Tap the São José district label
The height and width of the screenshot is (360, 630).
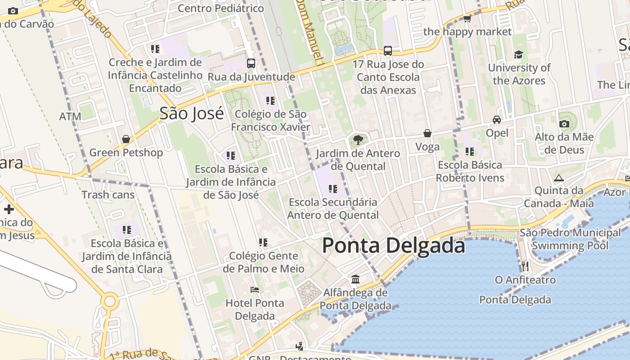[x=192, y=113]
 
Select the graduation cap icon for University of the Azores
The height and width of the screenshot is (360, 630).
[x=519, y=54]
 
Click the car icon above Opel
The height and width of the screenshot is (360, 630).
[x=497, y=120]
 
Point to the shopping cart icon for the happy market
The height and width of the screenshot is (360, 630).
[x=467, y=18]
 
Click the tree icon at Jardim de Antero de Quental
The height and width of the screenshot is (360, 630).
[x=358, y=140]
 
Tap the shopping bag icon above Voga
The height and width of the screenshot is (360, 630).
[x=427, y=133]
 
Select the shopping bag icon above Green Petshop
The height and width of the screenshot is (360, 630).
[x=126, y=139]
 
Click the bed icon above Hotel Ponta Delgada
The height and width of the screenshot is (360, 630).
[x=255, y=290]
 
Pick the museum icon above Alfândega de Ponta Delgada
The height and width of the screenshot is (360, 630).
[x=355, y=279]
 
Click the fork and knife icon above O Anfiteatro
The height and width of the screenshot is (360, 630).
[x=525, y=266]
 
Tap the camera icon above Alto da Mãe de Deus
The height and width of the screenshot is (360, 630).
[x=564, y=124]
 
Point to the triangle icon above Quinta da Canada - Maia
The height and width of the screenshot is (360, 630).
[x=559, y=178]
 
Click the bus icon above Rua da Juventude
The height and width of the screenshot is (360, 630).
[x=251, y=63]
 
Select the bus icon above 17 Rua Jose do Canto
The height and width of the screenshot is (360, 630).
[x=388, y=51]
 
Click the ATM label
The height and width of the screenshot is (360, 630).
[x=70, y=117]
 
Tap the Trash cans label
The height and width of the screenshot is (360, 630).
[x=108, y=195]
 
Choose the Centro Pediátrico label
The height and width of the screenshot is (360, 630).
[x=220, y=8]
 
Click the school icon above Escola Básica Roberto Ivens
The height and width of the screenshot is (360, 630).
[x=470, y=152]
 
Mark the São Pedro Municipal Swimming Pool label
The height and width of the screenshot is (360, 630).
[x=570, y=239]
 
